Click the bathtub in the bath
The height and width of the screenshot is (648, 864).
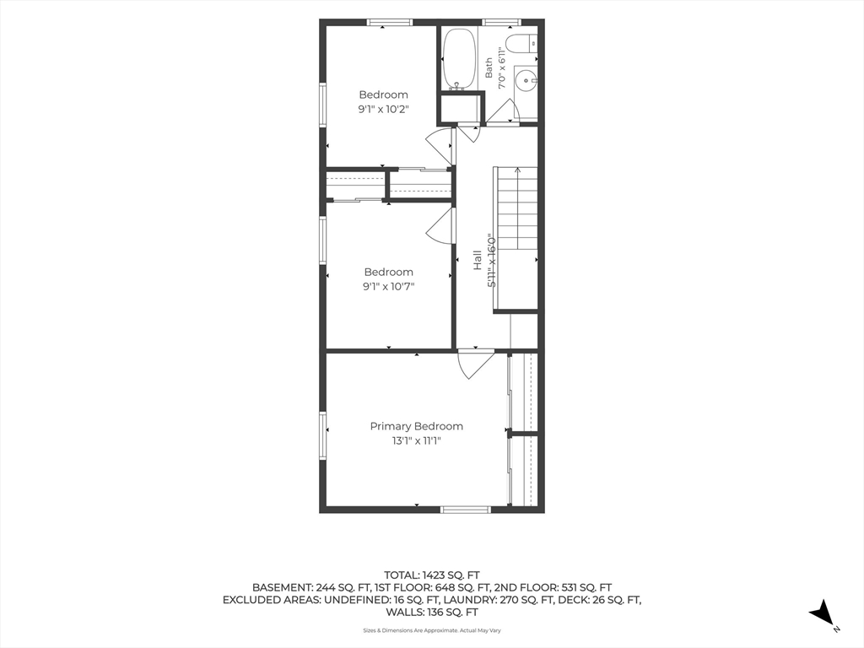coord(459,59)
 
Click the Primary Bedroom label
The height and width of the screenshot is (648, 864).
coord(416,426)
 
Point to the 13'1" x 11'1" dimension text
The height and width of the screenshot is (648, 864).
coord(417,440)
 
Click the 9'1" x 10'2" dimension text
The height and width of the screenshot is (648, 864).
coord(384,109)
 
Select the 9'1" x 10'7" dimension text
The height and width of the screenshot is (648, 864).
coord(388,287)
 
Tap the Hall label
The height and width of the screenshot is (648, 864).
coord(478,260)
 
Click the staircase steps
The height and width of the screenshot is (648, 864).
coord(517,208)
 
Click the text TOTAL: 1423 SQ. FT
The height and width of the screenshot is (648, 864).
coord(432,575)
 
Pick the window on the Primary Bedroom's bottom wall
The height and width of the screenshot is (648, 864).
coord(466,510)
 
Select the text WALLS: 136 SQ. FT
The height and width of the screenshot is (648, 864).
coord(432,613)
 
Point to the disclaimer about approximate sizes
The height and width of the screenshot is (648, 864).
coord(432,630)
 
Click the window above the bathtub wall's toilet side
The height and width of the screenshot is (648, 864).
coord(501,23)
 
